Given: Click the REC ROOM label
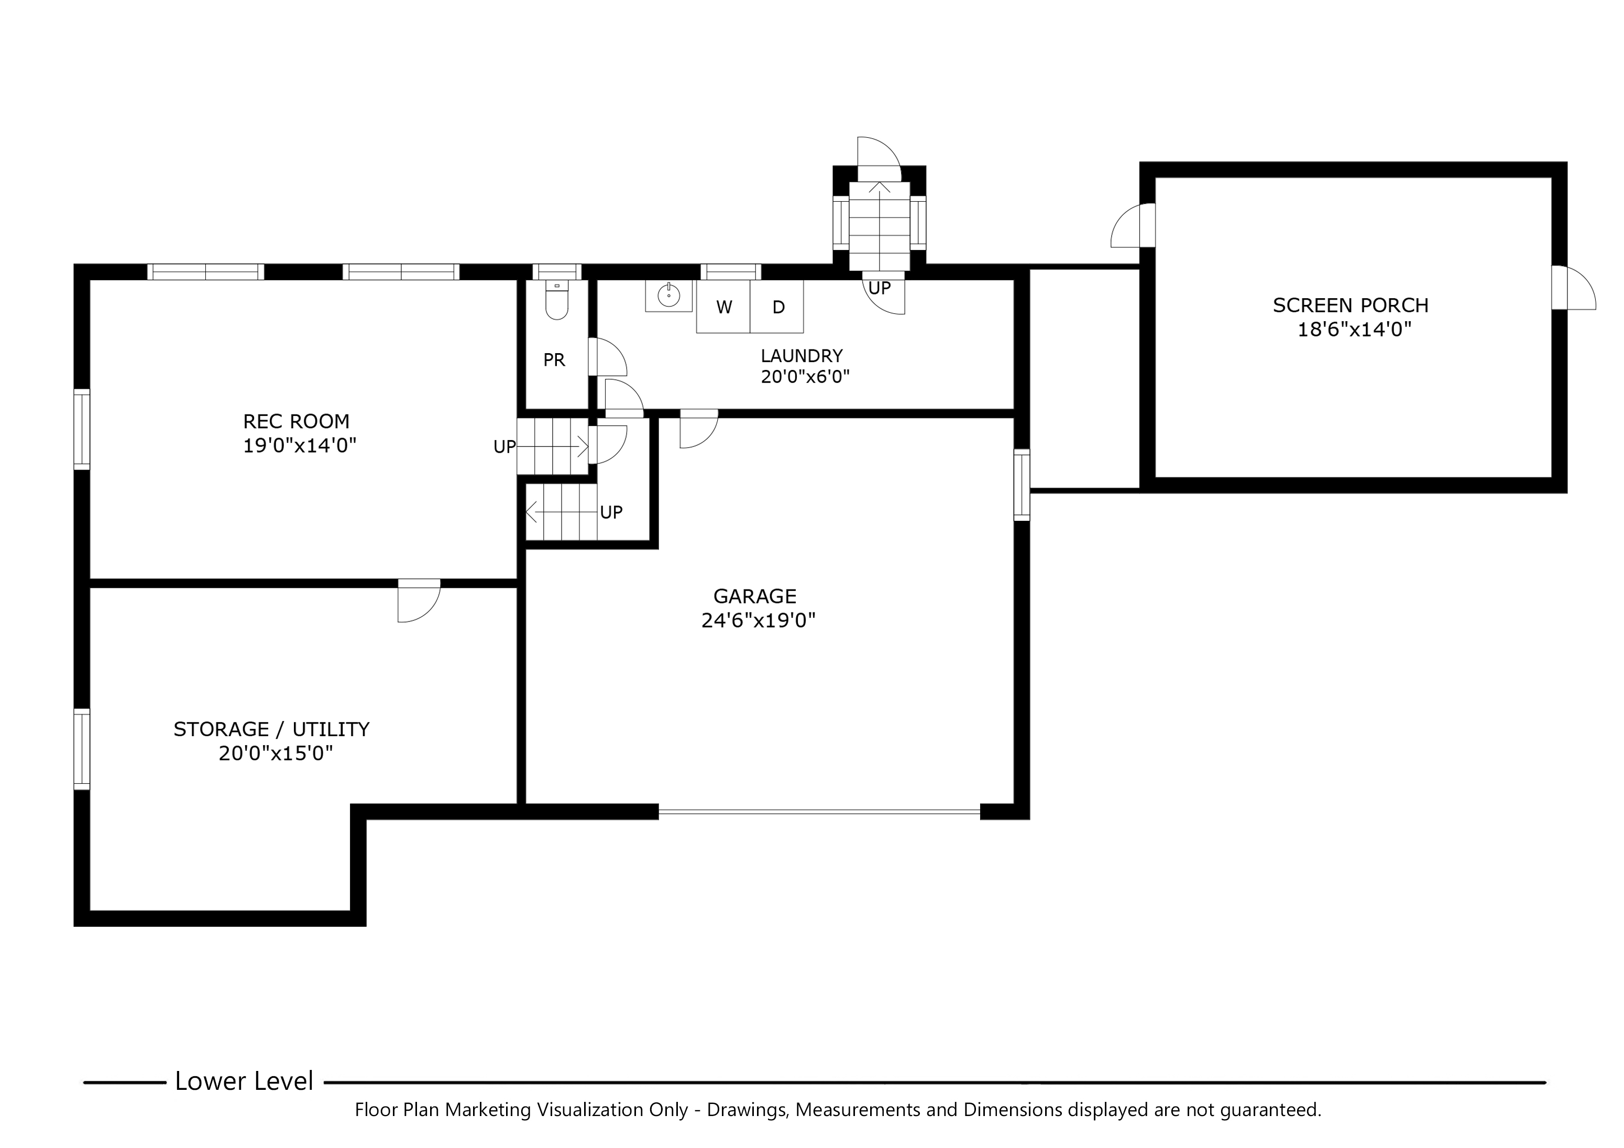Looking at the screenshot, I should pyautogui.click(x=297, y=422).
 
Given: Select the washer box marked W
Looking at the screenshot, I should pyautogui.click(x=723, y=307).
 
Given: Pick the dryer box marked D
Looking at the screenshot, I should pyautogui.click(x=778, y=307).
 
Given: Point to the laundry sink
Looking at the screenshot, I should pyautogui.click(x=668, y=296).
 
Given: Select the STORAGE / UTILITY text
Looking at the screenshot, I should pyautogui.click(x=271, y=729).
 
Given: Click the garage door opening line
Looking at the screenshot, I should pyautogui.click(x=819, y=813).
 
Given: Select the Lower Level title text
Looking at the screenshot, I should pyautogui.click(x=244, y=1081).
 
